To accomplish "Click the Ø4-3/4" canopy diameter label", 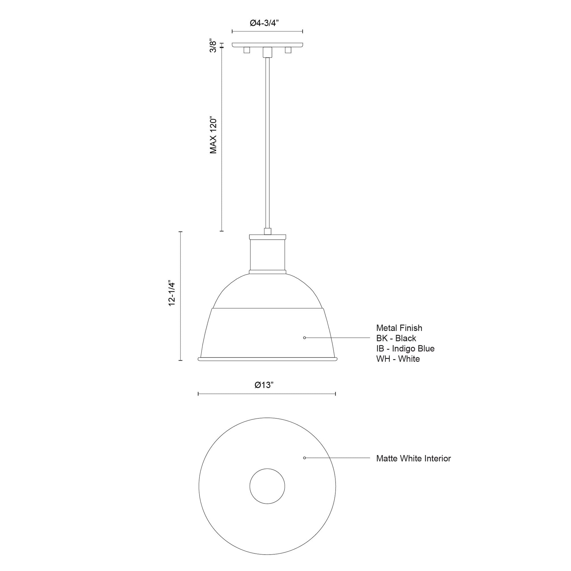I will pyautogui.click(x=264, y=23).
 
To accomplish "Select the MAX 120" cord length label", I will pyautogui.click(x=213, y=135).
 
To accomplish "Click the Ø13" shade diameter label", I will pyautogui.click(x=264, y=385).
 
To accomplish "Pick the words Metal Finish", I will pyautogui.click(x=399, y=328).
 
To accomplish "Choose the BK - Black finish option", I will pyautogui.click(x=396, y=338).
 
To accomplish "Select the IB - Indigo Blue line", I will pyautogui.click(x=405, y=349).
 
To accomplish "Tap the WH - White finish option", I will pyautogui.click(x=398, y=359).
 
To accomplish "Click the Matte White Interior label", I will pyautogui.click(x=413, y=458).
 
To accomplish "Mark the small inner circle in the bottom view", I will pyautogui.click(x=267, y=486).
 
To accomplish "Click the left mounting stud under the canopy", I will pyautogui.click(x=246, y=50).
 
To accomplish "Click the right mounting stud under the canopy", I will pyautogui.click(x=288, y=50).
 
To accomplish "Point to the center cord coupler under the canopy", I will pyautogui.click(x=267, y=52).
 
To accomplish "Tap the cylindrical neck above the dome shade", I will pyautogui.click(x=267, y=254).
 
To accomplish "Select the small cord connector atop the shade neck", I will pyautogui.click(x=267, y=231).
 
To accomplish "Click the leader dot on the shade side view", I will pyautogui.click(x=304, y=337).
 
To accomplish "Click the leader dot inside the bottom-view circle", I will pyautogui.click(x=304, y=458).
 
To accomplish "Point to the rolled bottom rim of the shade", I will pyautogui.click(x=267, y=359).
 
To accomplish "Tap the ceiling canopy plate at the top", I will pyautogui.click(x=267, y=45).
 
